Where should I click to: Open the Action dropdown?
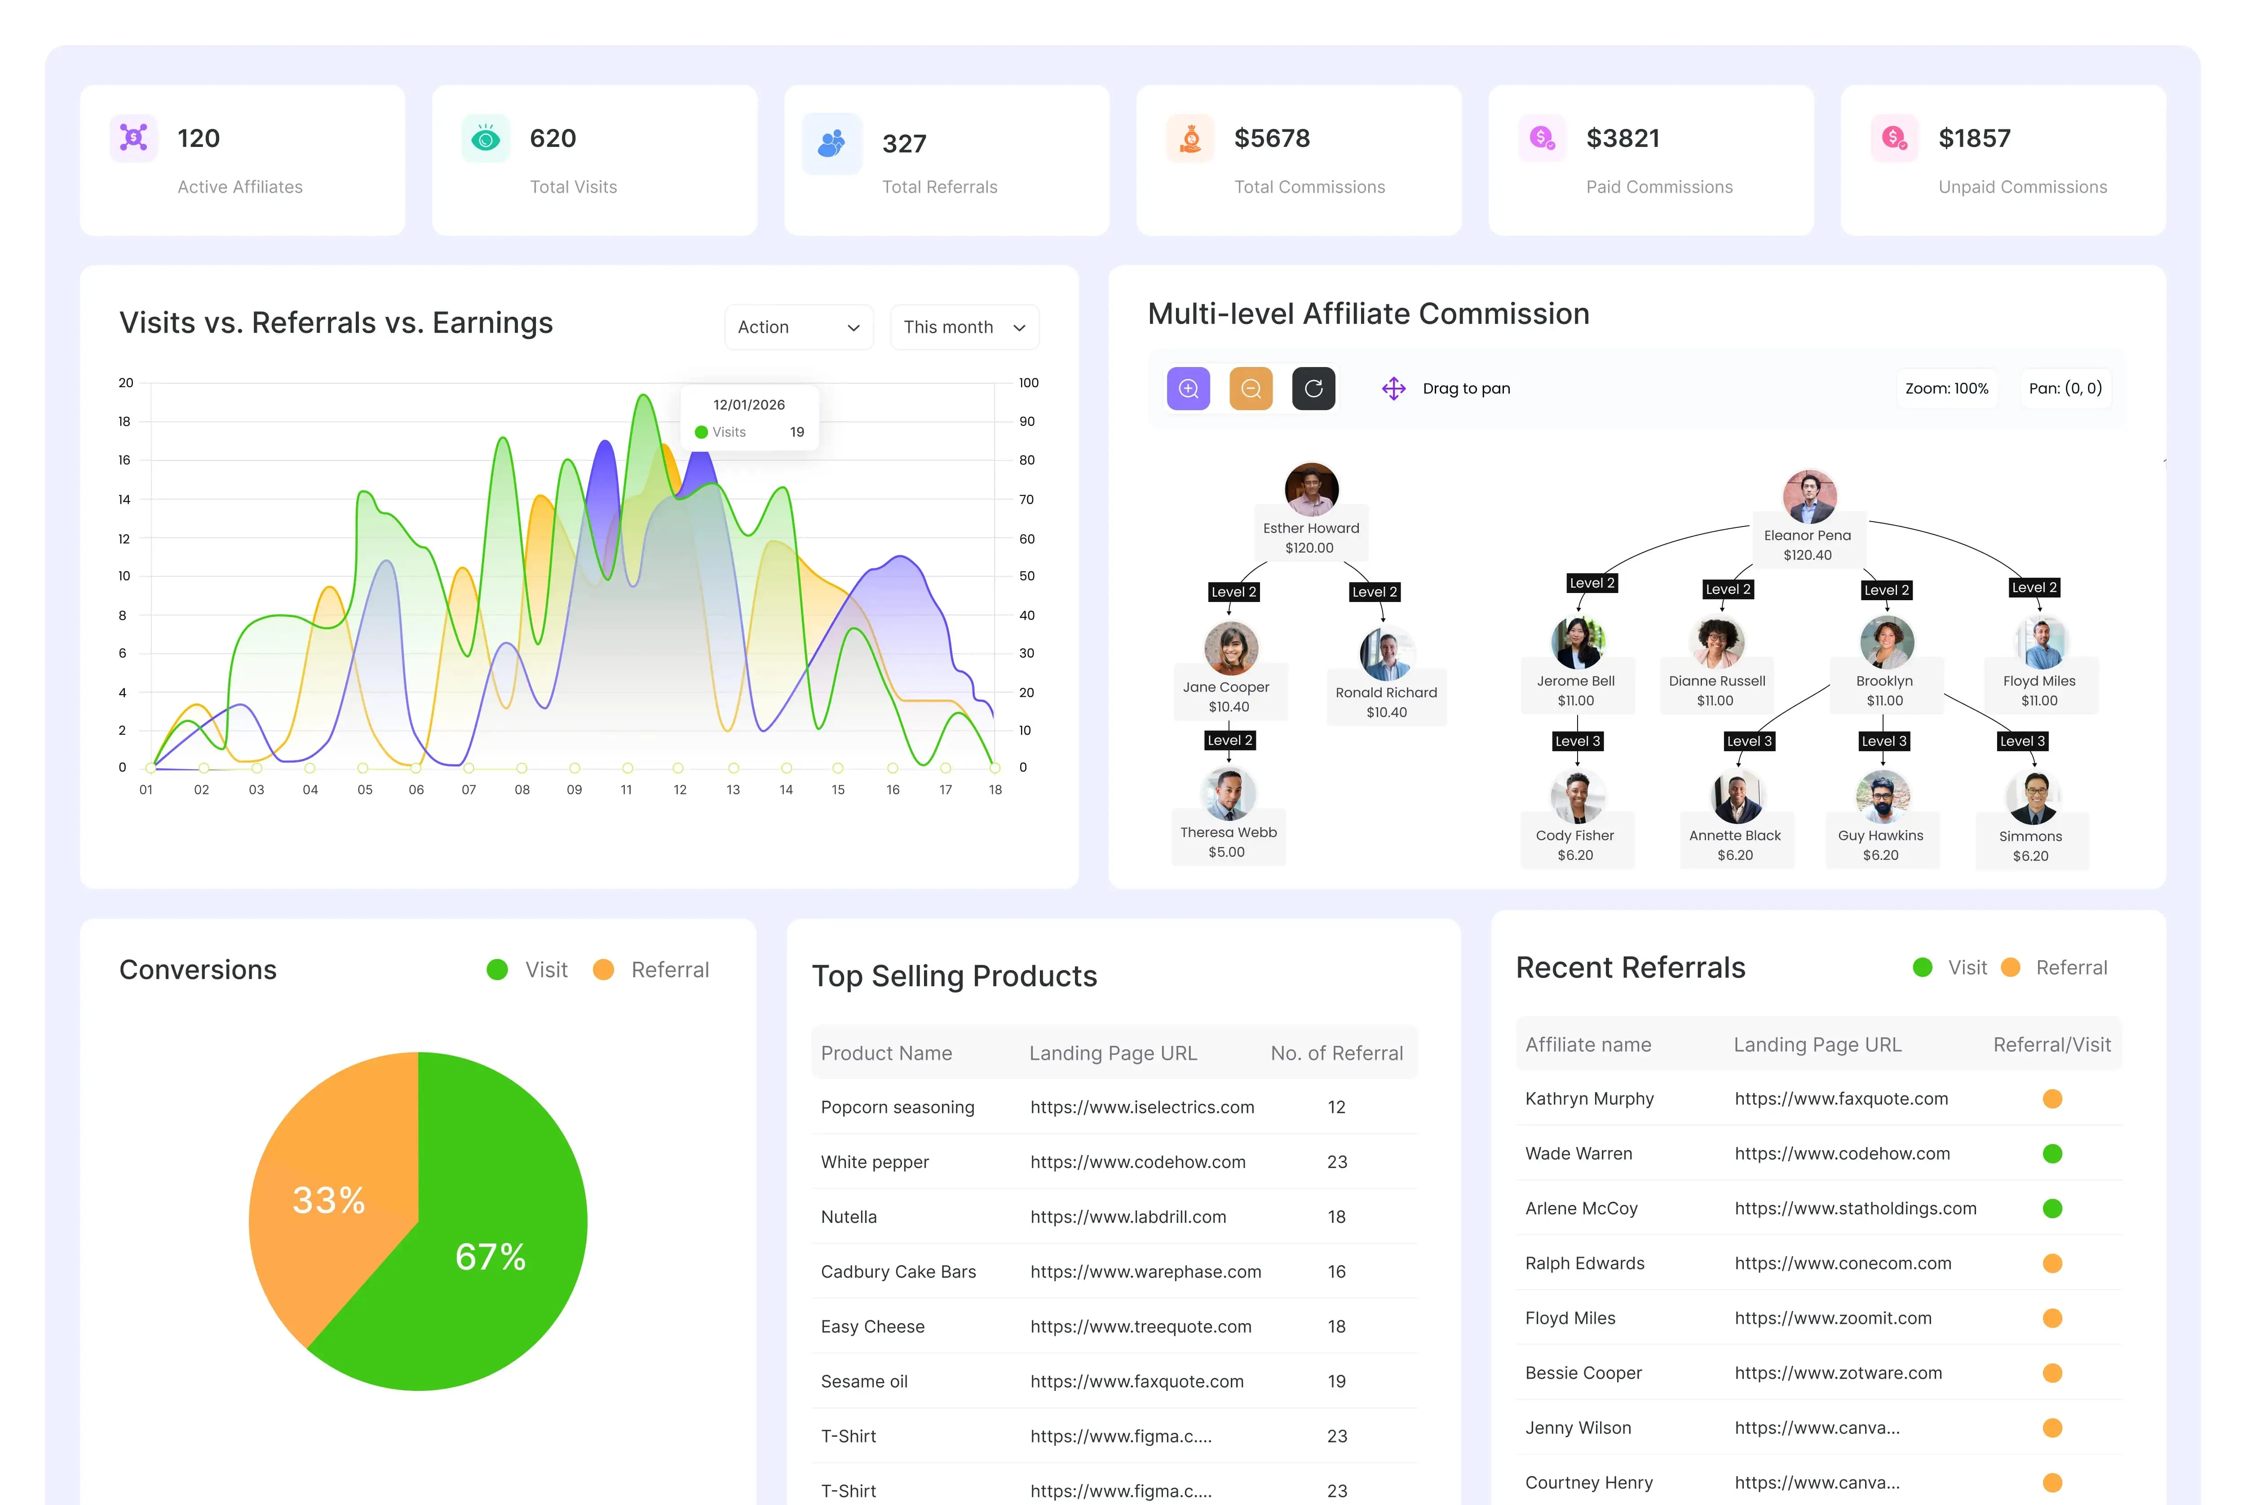[x=798, y=328]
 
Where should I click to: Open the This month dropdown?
[x=964, y=328]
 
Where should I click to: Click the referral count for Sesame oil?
[x=1336, y=1381]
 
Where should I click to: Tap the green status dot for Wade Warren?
[x=2052, y=1154]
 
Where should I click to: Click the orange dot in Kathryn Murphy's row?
[x=2052, y=1099]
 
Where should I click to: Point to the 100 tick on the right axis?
[x=1029, y=383]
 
